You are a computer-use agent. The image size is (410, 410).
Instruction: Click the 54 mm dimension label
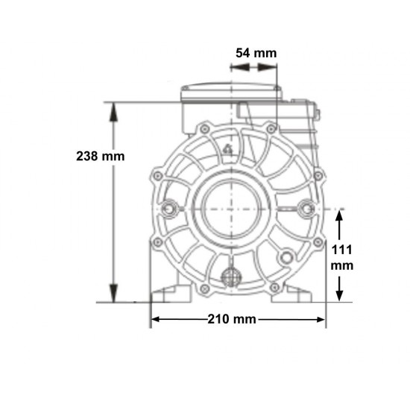256,53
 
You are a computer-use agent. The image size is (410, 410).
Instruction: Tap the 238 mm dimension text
101,157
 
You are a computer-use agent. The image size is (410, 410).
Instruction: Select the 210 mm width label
232,319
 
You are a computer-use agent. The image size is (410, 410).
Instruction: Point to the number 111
341,250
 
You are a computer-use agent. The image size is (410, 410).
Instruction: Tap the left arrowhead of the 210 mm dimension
156,319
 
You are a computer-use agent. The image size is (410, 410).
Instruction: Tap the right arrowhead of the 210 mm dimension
321,319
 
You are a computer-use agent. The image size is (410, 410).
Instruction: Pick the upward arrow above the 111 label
339,225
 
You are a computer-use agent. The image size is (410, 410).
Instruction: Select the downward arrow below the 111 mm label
339,288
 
